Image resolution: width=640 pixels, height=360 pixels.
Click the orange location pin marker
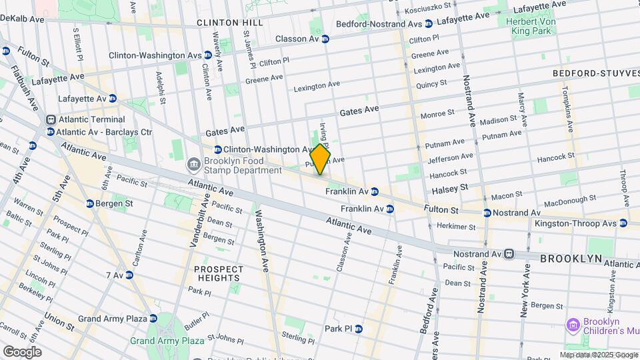(320, 159)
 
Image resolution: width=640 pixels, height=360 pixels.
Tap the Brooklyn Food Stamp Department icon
(193, 164)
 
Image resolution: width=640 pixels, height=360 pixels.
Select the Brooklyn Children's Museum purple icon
(571, 325)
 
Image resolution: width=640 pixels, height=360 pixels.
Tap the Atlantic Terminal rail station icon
(51, 120)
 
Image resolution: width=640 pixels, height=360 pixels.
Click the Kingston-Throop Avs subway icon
(623, 223)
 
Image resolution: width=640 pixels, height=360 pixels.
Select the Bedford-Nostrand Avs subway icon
(429, 24)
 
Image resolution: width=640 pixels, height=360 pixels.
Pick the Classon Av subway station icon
(325, 39)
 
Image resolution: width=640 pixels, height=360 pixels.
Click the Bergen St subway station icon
(89, 203)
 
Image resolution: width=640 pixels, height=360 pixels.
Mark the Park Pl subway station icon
(358, 329)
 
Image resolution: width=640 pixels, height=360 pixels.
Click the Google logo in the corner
(22, 351)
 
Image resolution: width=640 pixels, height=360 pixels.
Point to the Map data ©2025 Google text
(598, 355)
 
